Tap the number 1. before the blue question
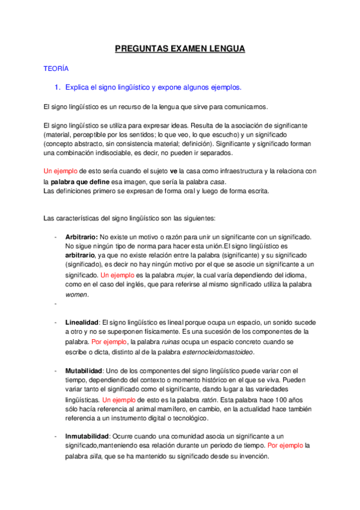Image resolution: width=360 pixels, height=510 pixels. [58, 88]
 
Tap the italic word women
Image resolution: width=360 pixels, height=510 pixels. [76, 295]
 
